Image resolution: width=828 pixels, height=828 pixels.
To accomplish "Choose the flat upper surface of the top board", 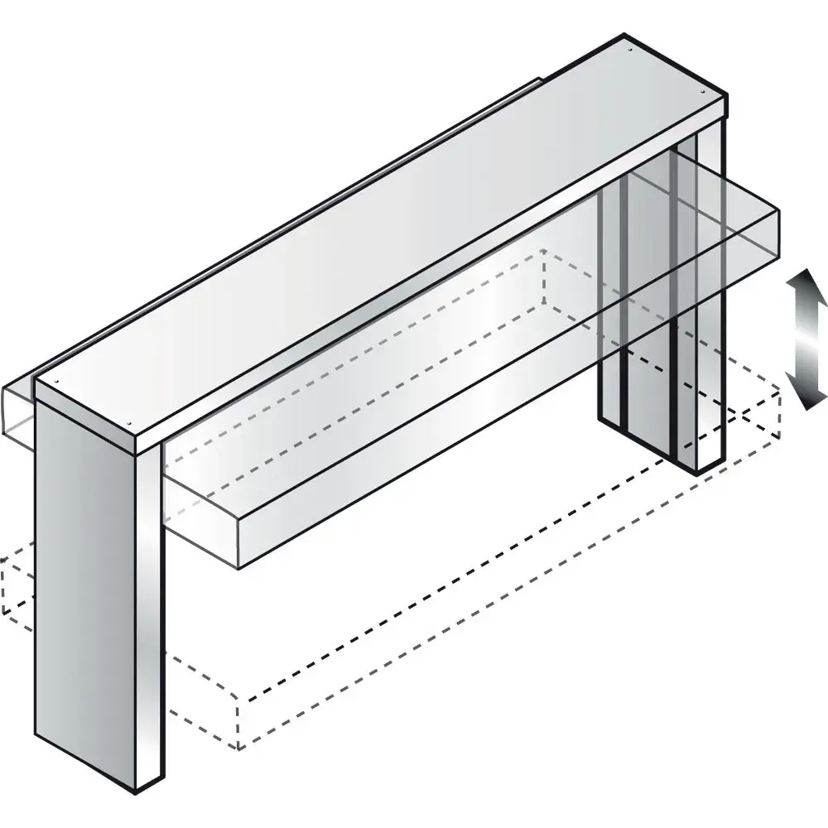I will pyautogui.click(x=373, y=232).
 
